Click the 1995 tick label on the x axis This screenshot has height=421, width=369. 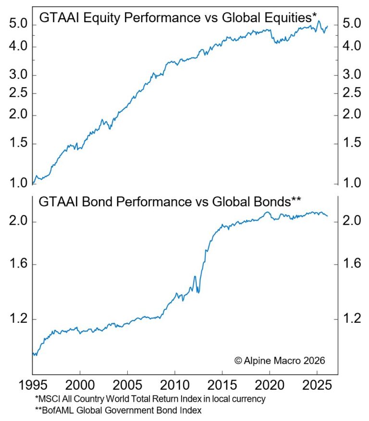pos(32,386)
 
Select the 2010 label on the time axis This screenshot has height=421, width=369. pos(174,386)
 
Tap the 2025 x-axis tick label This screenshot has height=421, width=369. pos(317,386)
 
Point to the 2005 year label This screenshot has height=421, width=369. pos(127,386)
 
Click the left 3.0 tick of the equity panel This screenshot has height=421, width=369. pos(17,75)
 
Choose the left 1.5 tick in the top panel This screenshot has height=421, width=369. pos(17,144)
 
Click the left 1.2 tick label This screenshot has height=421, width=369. pos(17,319)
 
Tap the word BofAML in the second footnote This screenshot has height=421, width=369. pos(56,410)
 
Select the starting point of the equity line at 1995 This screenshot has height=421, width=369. pos(33,183)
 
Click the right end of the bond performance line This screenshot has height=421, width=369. pos(328,216)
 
